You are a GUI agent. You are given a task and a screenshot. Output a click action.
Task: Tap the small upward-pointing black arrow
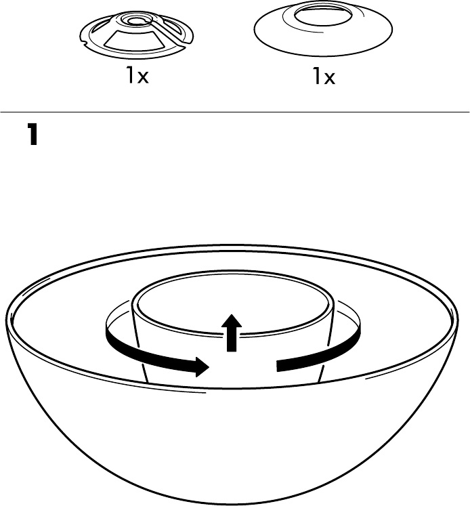pyautogui.click(x=232, y=332)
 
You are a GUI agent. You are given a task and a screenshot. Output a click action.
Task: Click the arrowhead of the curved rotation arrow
pyautogui.click(x=200, y=366)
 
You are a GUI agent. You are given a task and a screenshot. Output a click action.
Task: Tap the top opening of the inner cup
pyautogui.click(x=233, y=299)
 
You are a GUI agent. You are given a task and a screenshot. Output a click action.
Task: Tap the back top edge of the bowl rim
pyautogui.click(x=234, y=249)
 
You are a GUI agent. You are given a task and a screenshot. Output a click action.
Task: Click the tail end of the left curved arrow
pyautogui.click(x=110, y=333)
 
